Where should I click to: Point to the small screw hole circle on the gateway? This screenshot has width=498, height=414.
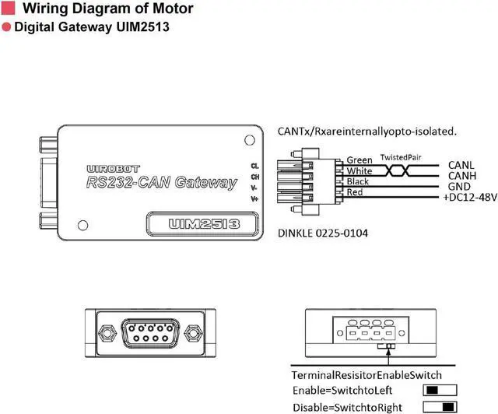[x=248, y=140]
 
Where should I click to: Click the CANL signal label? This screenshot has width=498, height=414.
[x=462, y=165]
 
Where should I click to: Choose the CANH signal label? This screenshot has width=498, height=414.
[x=463, y=176]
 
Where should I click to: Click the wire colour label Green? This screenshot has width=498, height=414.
[x=359, y=160]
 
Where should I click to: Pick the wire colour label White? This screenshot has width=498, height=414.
[x=359, y=170]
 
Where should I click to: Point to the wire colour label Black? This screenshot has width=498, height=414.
[x=358, y=181]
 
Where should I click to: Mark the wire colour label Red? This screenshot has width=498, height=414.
[x=355, y=191]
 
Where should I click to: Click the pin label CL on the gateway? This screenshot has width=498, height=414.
[x=254, y=166]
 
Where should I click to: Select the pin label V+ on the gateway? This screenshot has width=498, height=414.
[x=254, y=199]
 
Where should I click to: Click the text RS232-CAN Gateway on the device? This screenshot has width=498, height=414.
[x=162, y=184]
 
